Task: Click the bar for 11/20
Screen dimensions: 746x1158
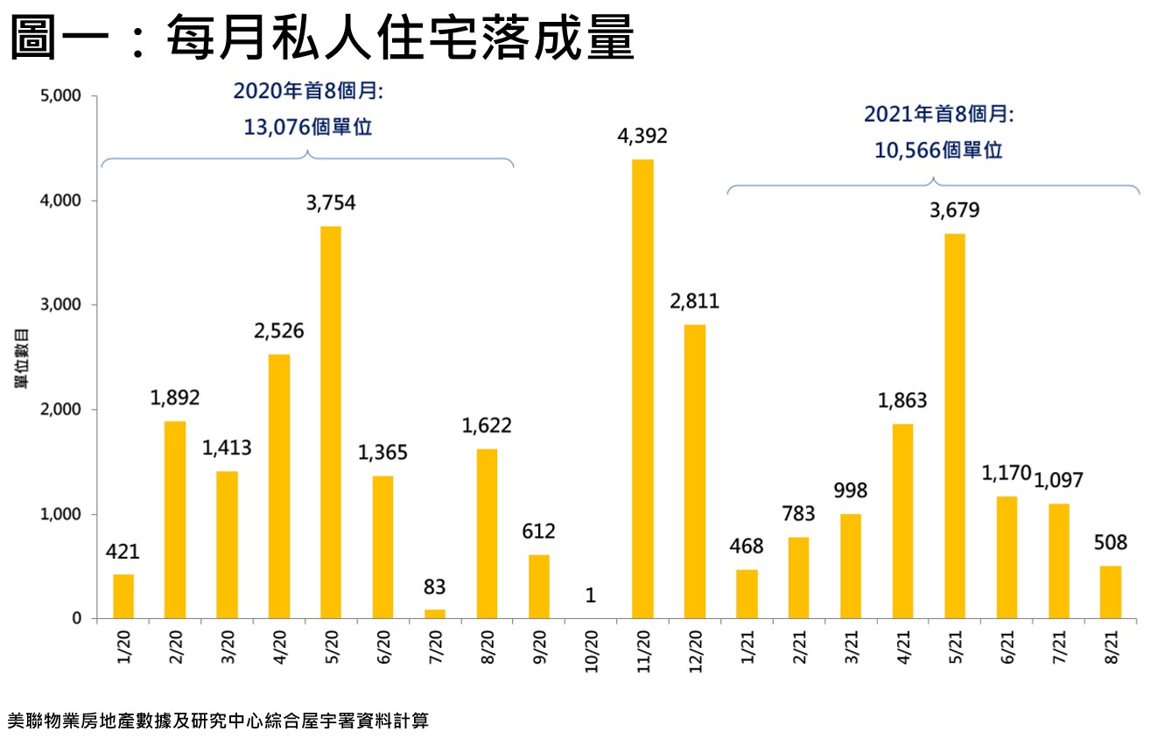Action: point(642,389)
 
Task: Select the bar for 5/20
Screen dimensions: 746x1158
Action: point(331,422)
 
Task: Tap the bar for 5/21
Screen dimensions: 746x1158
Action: point(955,426)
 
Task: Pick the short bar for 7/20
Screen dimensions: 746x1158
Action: point(434,614)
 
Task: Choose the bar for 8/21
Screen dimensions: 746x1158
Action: point(1110,592)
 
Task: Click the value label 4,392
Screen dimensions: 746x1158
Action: point(642,137)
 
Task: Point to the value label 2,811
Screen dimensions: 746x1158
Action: point(694,302)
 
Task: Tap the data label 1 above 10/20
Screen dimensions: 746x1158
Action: point(591,595)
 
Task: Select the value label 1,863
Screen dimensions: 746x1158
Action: point(902,401)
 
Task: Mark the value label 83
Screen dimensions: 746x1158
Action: point(435,587)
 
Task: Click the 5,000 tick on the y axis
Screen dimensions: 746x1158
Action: point(60,96)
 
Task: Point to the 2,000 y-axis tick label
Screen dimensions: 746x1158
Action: point(60,410)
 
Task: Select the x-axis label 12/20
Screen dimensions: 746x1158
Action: point(695,649)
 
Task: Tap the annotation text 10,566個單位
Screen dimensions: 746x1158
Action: point(938,151)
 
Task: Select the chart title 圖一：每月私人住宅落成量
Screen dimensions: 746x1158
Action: point(322,37)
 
